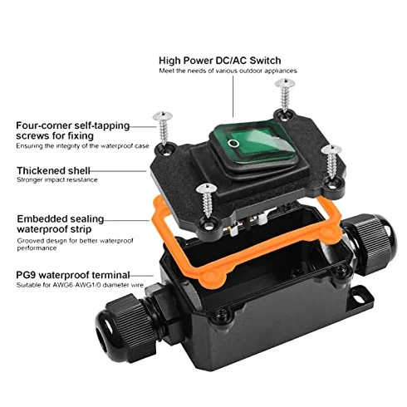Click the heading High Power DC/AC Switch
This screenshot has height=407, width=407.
coord(220,61)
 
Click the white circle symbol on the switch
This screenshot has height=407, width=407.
coord(233,143)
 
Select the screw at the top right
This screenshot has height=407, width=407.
coord(285,95)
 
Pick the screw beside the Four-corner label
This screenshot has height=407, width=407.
coord(163,127)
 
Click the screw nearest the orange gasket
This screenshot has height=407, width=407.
coord(206,200)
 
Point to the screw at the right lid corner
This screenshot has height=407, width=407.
coord(331,161)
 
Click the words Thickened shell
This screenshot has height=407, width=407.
coord(53,170)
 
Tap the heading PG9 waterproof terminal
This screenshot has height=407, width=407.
coord(73,275)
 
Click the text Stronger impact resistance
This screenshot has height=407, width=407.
coord(57,179)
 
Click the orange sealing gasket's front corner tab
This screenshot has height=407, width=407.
coord(213,277)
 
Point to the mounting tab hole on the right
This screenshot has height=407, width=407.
coord(359,299)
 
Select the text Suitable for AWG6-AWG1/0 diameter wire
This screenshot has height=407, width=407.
coord(80,285)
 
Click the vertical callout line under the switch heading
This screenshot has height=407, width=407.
coord(233,96)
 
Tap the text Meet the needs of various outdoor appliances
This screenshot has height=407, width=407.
coord(228,71)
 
